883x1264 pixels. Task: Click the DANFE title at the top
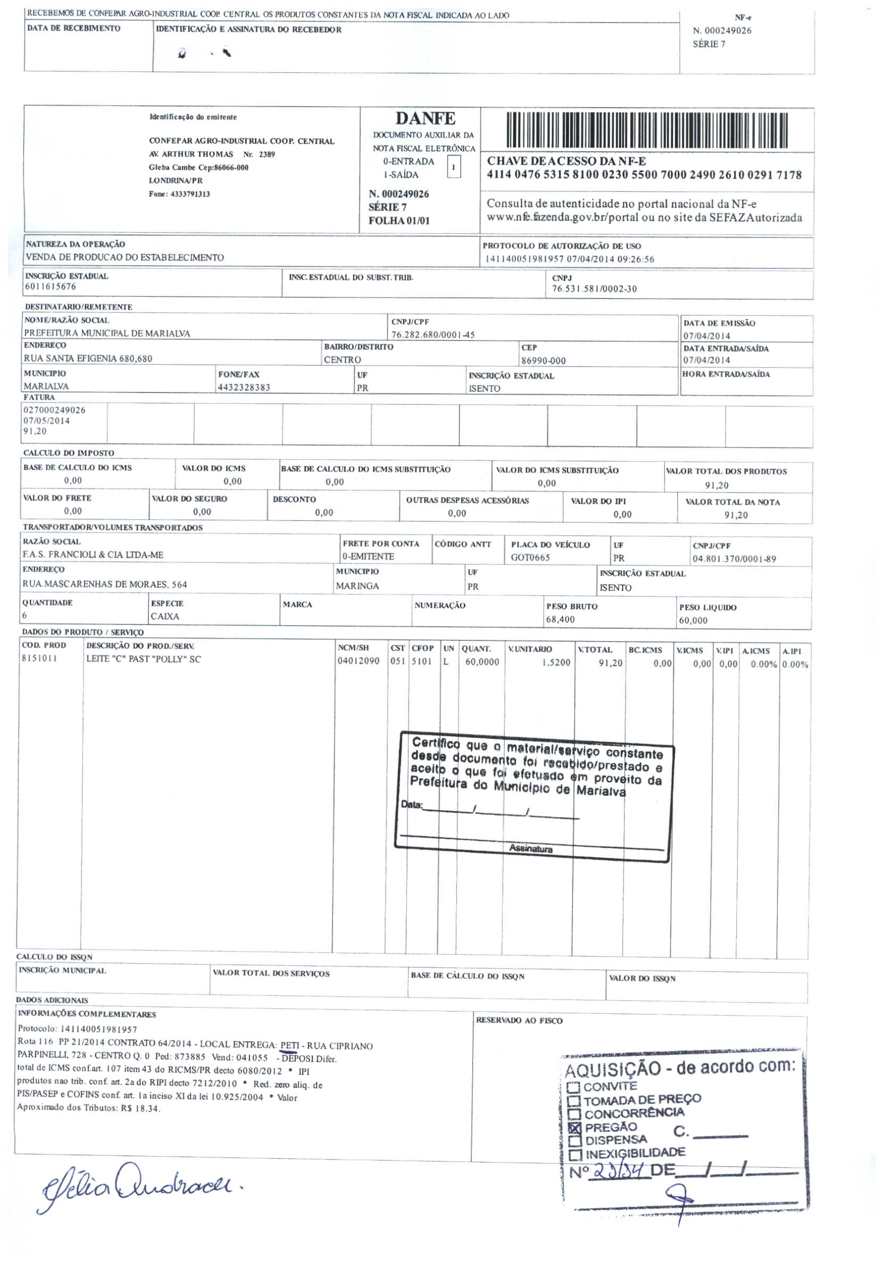pyautogui.click(x=424, y=119)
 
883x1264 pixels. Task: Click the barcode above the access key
pyautogui.click(x=647, y=130)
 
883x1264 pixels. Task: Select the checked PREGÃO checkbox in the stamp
pyautogui.click(x=574, y=1127)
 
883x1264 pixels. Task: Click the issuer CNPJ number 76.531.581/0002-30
pyautogui.click(x=594, y=289)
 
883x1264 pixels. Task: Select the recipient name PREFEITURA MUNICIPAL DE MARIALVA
pyautogui.click(x=107, y=333)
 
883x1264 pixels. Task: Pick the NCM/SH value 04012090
pyautogui.click(x=358, y=661)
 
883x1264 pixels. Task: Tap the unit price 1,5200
pyautogui.click(x=556, y=662)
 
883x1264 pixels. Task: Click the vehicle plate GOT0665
pyautogui.click(x=530, y=557)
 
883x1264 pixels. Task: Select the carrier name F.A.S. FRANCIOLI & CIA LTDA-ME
pyautogui.click(x=93, y=554)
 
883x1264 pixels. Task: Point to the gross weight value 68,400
pyautogui.click(x=560, y=619)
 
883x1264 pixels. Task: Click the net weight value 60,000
pyautogui.click(x=693, y=620)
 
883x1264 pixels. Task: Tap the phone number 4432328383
pyautogui.click(x=244, y=387)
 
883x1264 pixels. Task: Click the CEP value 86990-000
pyautogui.click(x=543, y=360)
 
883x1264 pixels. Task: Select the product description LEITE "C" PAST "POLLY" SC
pyautogui.click(x=143, y=659)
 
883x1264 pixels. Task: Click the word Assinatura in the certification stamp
pyautogui.click(x=530, y=848)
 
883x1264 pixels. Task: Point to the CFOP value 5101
pyautogui.click(x=421, y=661)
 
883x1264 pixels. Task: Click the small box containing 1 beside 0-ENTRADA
pyautogui.click(x=453, y=166)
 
